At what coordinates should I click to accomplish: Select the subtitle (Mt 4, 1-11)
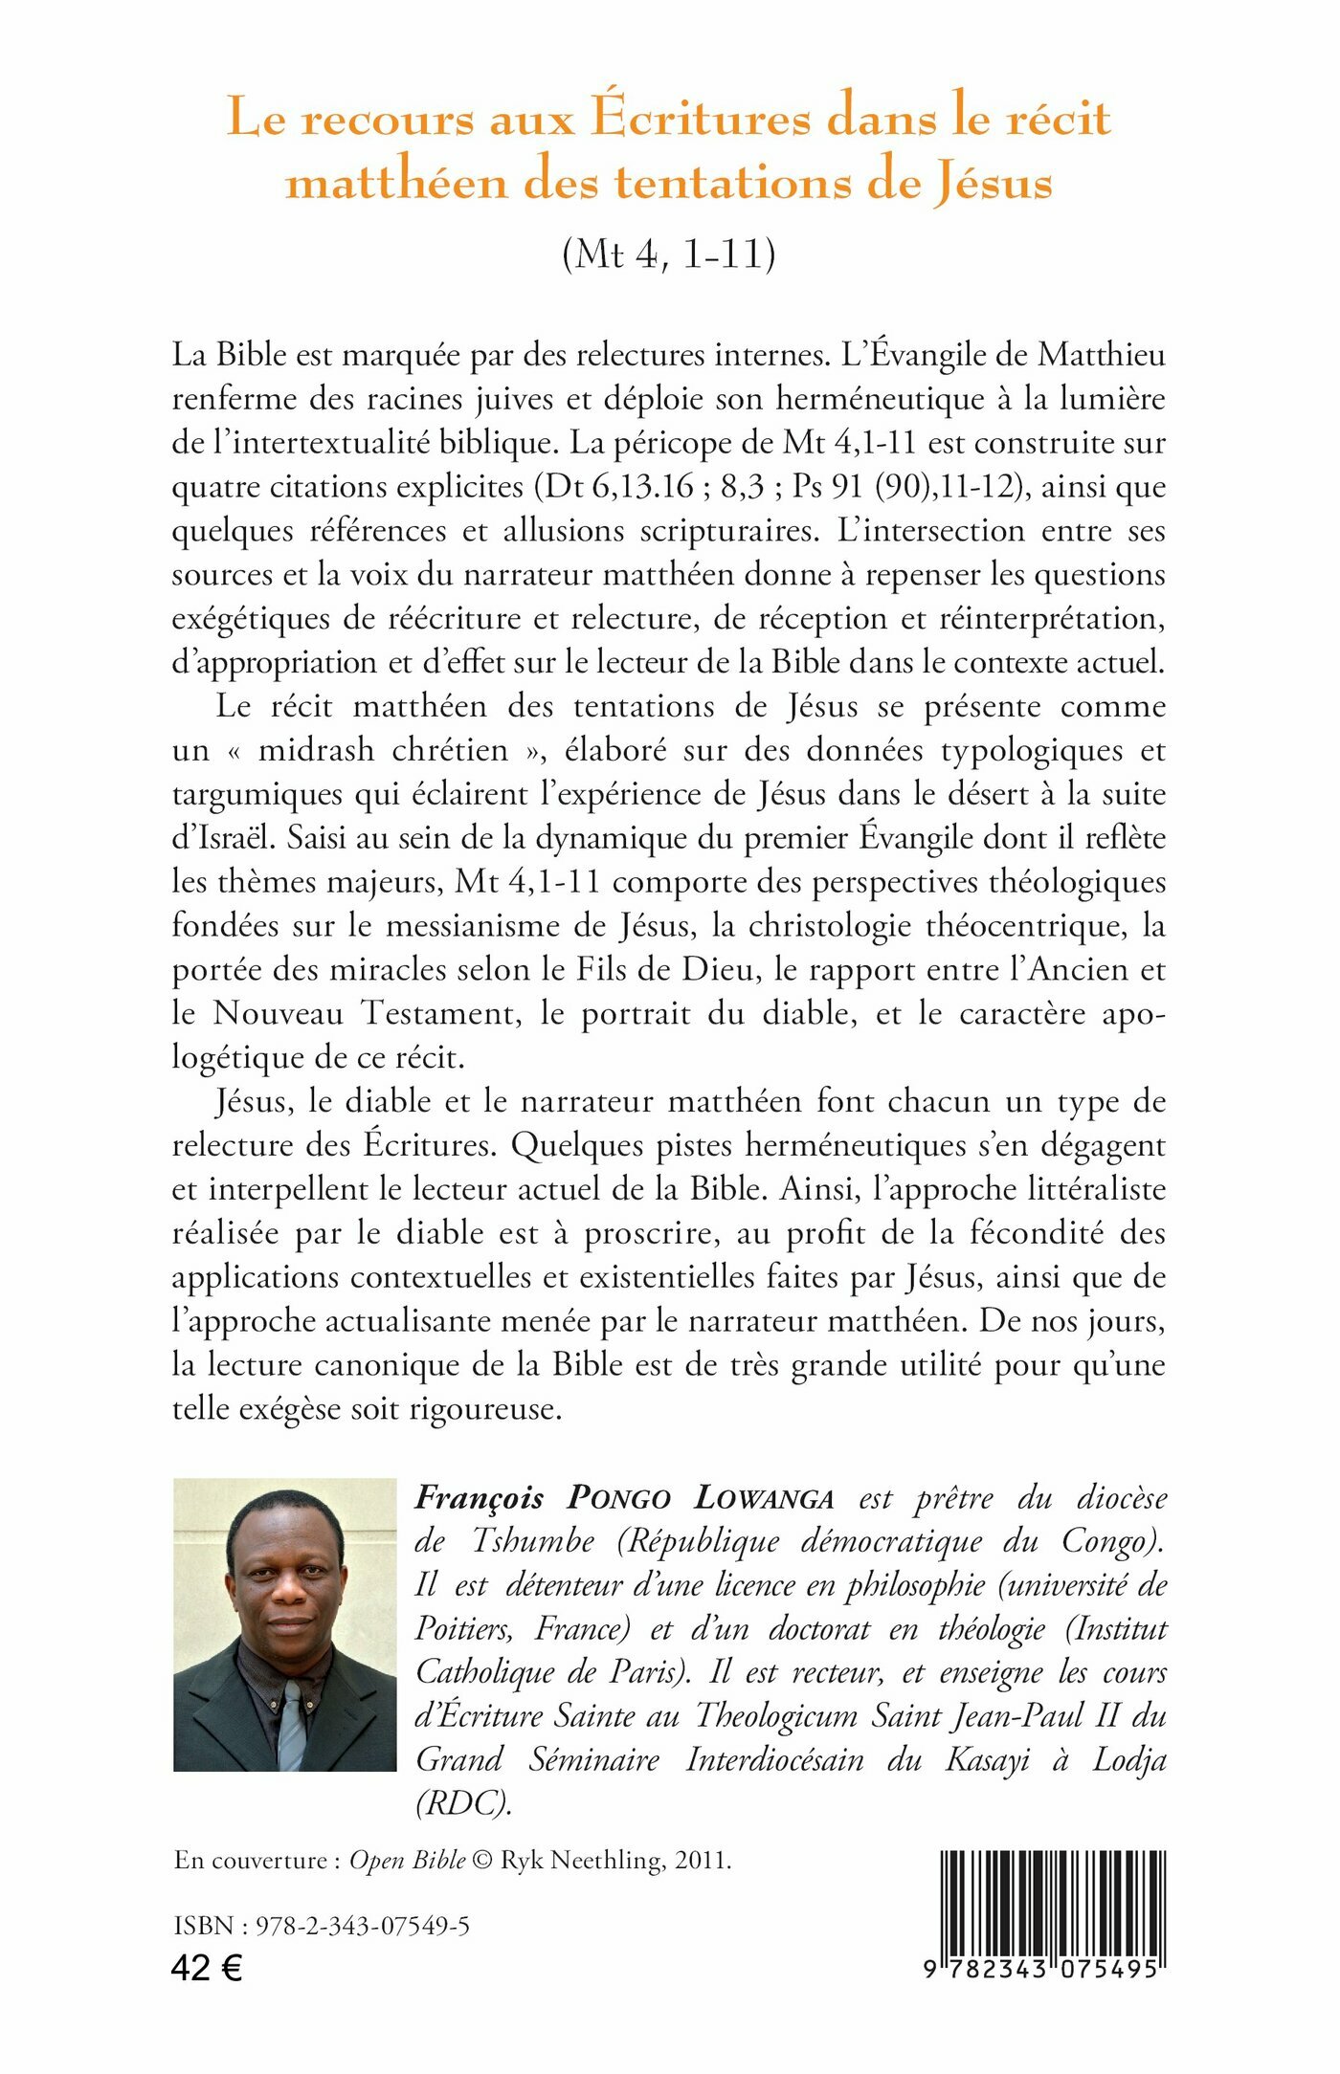(x=669, y=254)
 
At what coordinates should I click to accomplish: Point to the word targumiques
(x=257, y=795)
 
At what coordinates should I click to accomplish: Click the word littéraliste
(x=1084, y=1189)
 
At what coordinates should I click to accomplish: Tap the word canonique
(x=388, y=1365)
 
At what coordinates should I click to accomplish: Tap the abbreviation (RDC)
(x=464, y=1802)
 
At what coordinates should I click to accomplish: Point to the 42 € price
(x=207, y=1968)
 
